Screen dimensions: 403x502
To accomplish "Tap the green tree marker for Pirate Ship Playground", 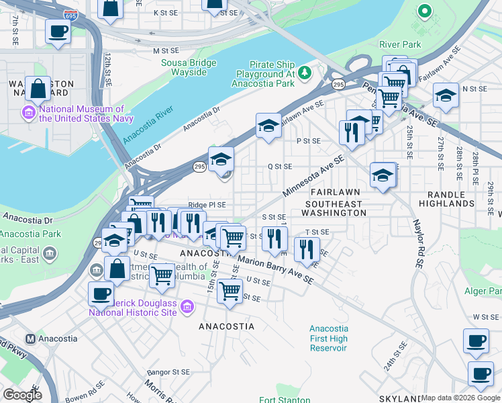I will point(305,71).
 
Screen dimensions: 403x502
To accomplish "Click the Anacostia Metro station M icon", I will point(30,339).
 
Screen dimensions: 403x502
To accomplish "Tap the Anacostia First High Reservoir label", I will point(329,339).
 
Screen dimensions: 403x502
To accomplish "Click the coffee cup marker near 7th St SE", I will point(58,31).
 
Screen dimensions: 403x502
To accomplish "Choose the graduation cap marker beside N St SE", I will point(446,95).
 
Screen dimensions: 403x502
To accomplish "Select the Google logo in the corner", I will point(22,395).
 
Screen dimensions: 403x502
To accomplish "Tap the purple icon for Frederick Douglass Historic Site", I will point(187,307).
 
